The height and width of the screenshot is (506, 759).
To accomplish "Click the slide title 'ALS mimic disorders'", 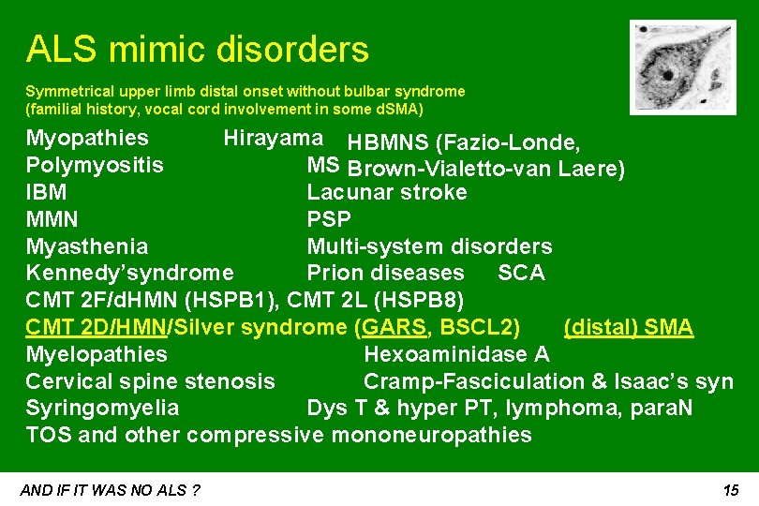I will click(197, 49).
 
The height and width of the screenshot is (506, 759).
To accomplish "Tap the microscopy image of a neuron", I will click(669, 67).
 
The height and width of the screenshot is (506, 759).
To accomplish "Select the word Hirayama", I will click(273, 139).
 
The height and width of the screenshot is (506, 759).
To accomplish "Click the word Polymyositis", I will click(95, 166).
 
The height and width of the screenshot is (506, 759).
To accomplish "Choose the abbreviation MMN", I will click(52, 220).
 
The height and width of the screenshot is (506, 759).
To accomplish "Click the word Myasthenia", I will click(87, 247).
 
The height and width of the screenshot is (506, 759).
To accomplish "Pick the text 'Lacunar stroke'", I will click(387, 193).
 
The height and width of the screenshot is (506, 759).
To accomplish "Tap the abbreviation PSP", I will click(329, 220).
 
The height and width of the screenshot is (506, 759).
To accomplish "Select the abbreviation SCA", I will click(521, 273).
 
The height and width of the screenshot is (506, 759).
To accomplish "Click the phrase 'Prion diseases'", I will click(385, 273).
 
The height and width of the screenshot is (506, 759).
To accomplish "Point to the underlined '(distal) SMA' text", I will click(628, 327).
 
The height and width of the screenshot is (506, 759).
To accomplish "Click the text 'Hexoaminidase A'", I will click(456, 354).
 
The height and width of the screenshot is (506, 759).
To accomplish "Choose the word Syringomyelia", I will click(103, 409).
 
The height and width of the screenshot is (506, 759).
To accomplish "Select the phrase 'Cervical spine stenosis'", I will click(151, 381).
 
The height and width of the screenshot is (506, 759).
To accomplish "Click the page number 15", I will click(731, 490).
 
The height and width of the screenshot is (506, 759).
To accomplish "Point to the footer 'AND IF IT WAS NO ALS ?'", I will click(112, 490).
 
